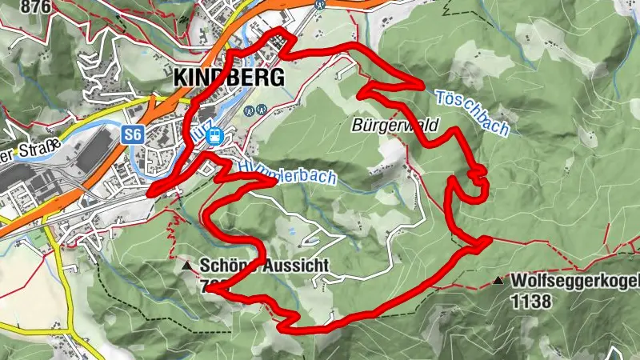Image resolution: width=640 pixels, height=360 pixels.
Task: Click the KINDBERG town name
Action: pyautogui.click(x=229, y=78)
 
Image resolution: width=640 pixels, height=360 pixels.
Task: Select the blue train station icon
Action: pyautogui.click(x=214, y=136)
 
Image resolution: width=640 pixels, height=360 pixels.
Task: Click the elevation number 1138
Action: pyautogui.click(x=534, y=302)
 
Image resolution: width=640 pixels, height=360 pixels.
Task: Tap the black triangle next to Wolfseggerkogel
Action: pyautogui.click(x=498, y=281)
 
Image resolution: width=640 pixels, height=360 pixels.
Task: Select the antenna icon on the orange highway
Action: pyautogui.click(x=320, y=3)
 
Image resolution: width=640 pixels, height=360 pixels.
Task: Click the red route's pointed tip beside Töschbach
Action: pyautogui.click(x=422, y=85)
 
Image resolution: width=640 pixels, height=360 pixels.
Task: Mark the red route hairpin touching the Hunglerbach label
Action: pyautogui.click(x=274, y=181)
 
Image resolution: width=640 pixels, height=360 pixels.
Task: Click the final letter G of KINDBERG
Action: pyautogui.click(x=276, y=78)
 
